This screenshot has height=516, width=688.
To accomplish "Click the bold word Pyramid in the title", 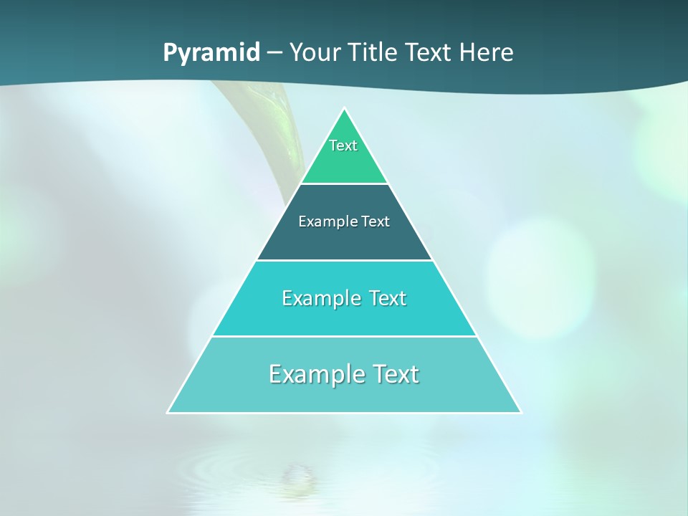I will tap(211, 53).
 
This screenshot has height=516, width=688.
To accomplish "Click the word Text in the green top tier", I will tap(343, 145).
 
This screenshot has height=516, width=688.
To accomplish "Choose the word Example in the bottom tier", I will tap(308, 374).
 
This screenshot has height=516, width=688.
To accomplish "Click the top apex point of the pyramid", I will tap(345, 109).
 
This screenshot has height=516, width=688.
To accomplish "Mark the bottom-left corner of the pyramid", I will tap(168, 412).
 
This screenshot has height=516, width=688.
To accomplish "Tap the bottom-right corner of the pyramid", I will tap(520, 412).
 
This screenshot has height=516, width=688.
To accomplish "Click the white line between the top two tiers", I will tap(345, 183).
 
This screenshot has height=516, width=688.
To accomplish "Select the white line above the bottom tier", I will tap(345, 336).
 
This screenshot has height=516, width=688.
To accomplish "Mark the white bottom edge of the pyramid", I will tap(345, 413).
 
